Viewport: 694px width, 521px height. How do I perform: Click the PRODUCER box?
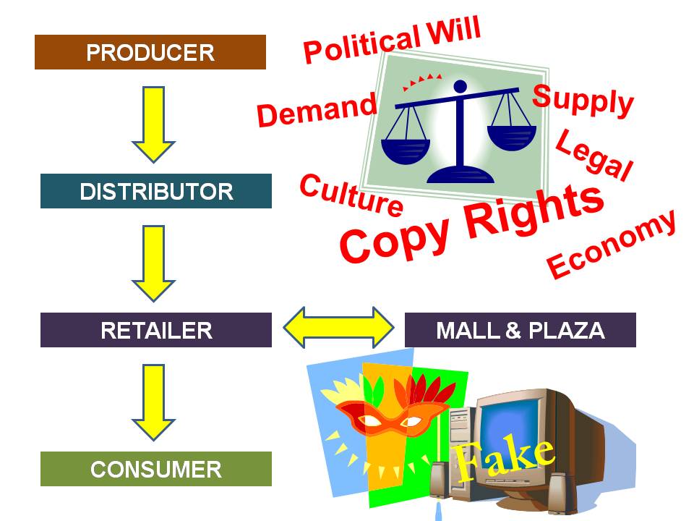click(150, 52)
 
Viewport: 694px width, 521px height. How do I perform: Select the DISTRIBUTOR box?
click(156, 191)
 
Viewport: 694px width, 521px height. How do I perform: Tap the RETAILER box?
click(156, 330)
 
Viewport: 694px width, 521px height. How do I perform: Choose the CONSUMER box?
click(156, 469)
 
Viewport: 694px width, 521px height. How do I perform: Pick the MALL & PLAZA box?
click(520, 330)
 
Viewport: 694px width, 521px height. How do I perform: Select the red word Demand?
click(317, 110)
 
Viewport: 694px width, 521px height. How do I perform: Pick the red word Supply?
click(583, 100)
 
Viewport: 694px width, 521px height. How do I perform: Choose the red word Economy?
click(612, 243)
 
